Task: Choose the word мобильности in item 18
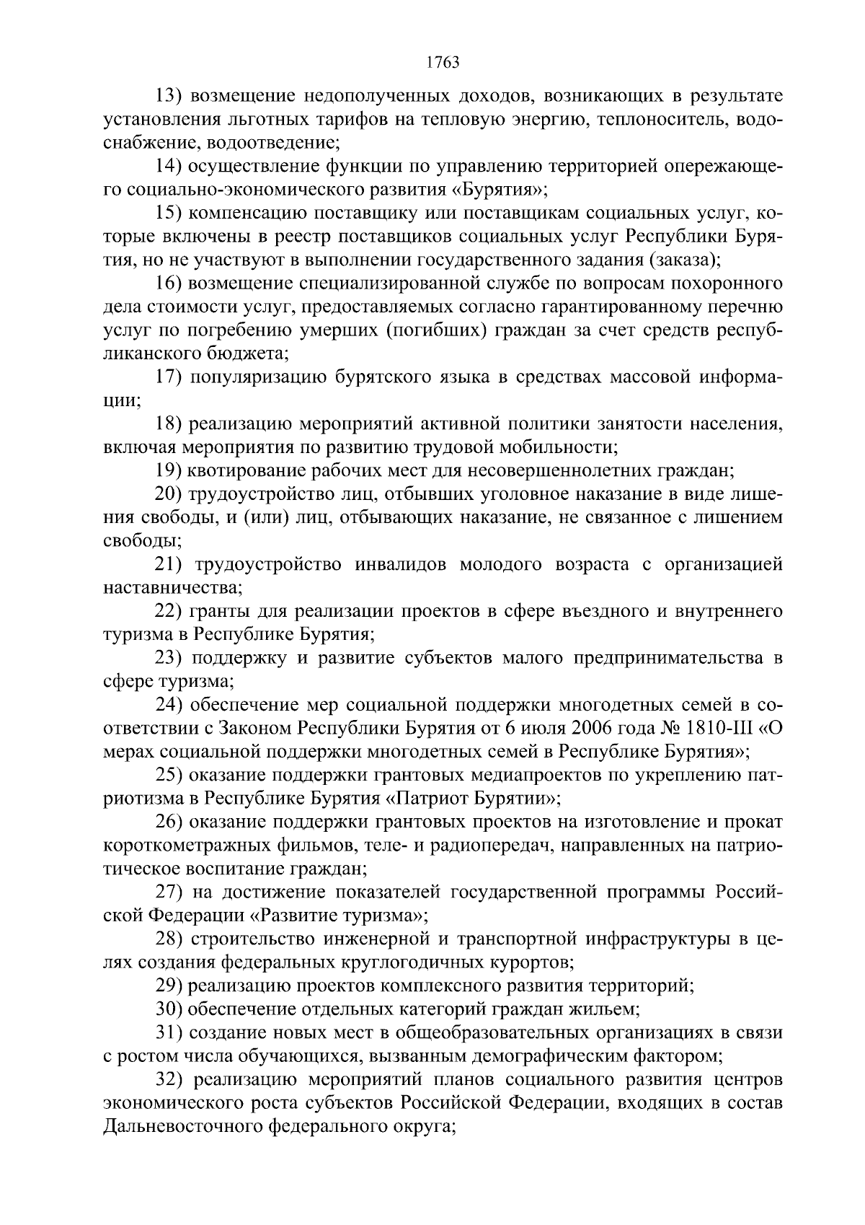(x=567, y=447)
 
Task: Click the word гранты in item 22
(x=213, y=611)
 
